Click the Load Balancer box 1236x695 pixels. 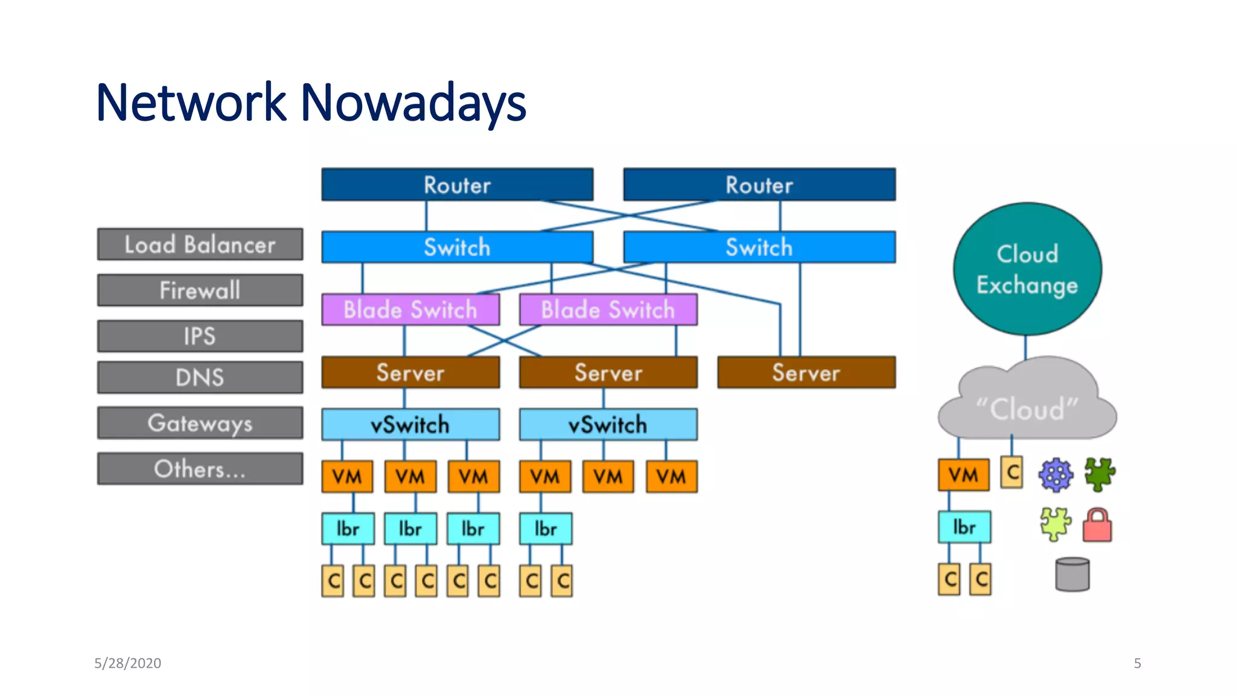[200, 244]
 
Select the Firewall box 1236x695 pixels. [200, 290]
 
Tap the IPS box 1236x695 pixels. [200, 336]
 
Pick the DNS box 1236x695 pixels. [200, 377]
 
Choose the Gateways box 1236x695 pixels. [200, 423]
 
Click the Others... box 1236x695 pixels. [200, 469]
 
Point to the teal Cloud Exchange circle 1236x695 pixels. [1027, 269]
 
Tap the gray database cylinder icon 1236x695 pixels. [1072, 574]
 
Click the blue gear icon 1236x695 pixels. [1056, 474]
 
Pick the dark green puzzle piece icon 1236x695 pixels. [1100, 474]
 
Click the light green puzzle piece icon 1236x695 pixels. [1056, 524]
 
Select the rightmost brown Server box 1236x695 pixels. [806, 373]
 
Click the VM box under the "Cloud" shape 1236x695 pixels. [963, 475]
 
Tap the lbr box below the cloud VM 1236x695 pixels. [964, 527]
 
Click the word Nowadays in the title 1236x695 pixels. [413, 103]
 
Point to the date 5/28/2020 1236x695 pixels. [127, 663]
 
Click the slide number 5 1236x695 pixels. [1137, 663]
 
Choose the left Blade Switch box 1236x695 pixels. [410, 309]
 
